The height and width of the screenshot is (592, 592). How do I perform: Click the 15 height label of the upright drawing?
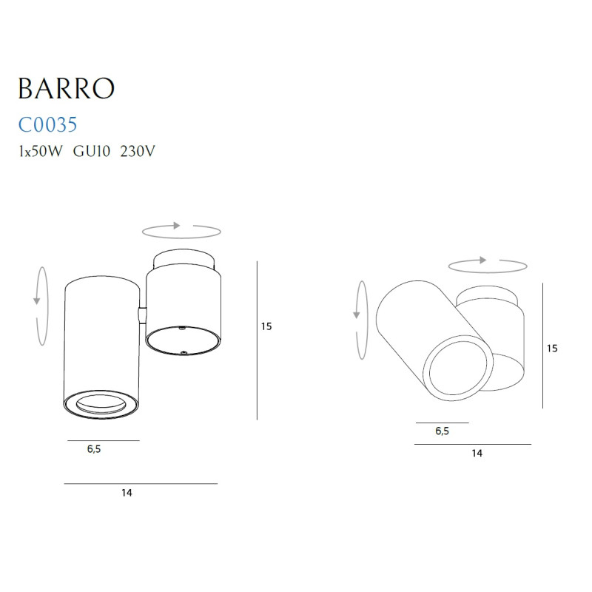click(x=267, y=326)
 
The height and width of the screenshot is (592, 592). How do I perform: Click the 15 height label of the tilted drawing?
click(x=552, y=348)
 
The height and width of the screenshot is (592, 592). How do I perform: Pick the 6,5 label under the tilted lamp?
click(x=442, y=432)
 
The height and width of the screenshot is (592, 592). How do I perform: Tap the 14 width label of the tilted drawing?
click(x=477, y=454)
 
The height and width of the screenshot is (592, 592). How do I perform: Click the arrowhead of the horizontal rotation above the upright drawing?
click(x=178, y=225)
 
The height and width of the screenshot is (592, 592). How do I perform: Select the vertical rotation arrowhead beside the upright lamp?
click(x=36, y=300)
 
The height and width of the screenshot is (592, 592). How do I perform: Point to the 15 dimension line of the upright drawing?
click(x=256, y=340)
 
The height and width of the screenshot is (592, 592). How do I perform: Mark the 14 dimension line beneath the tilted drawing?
click(x=473, y=444)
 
